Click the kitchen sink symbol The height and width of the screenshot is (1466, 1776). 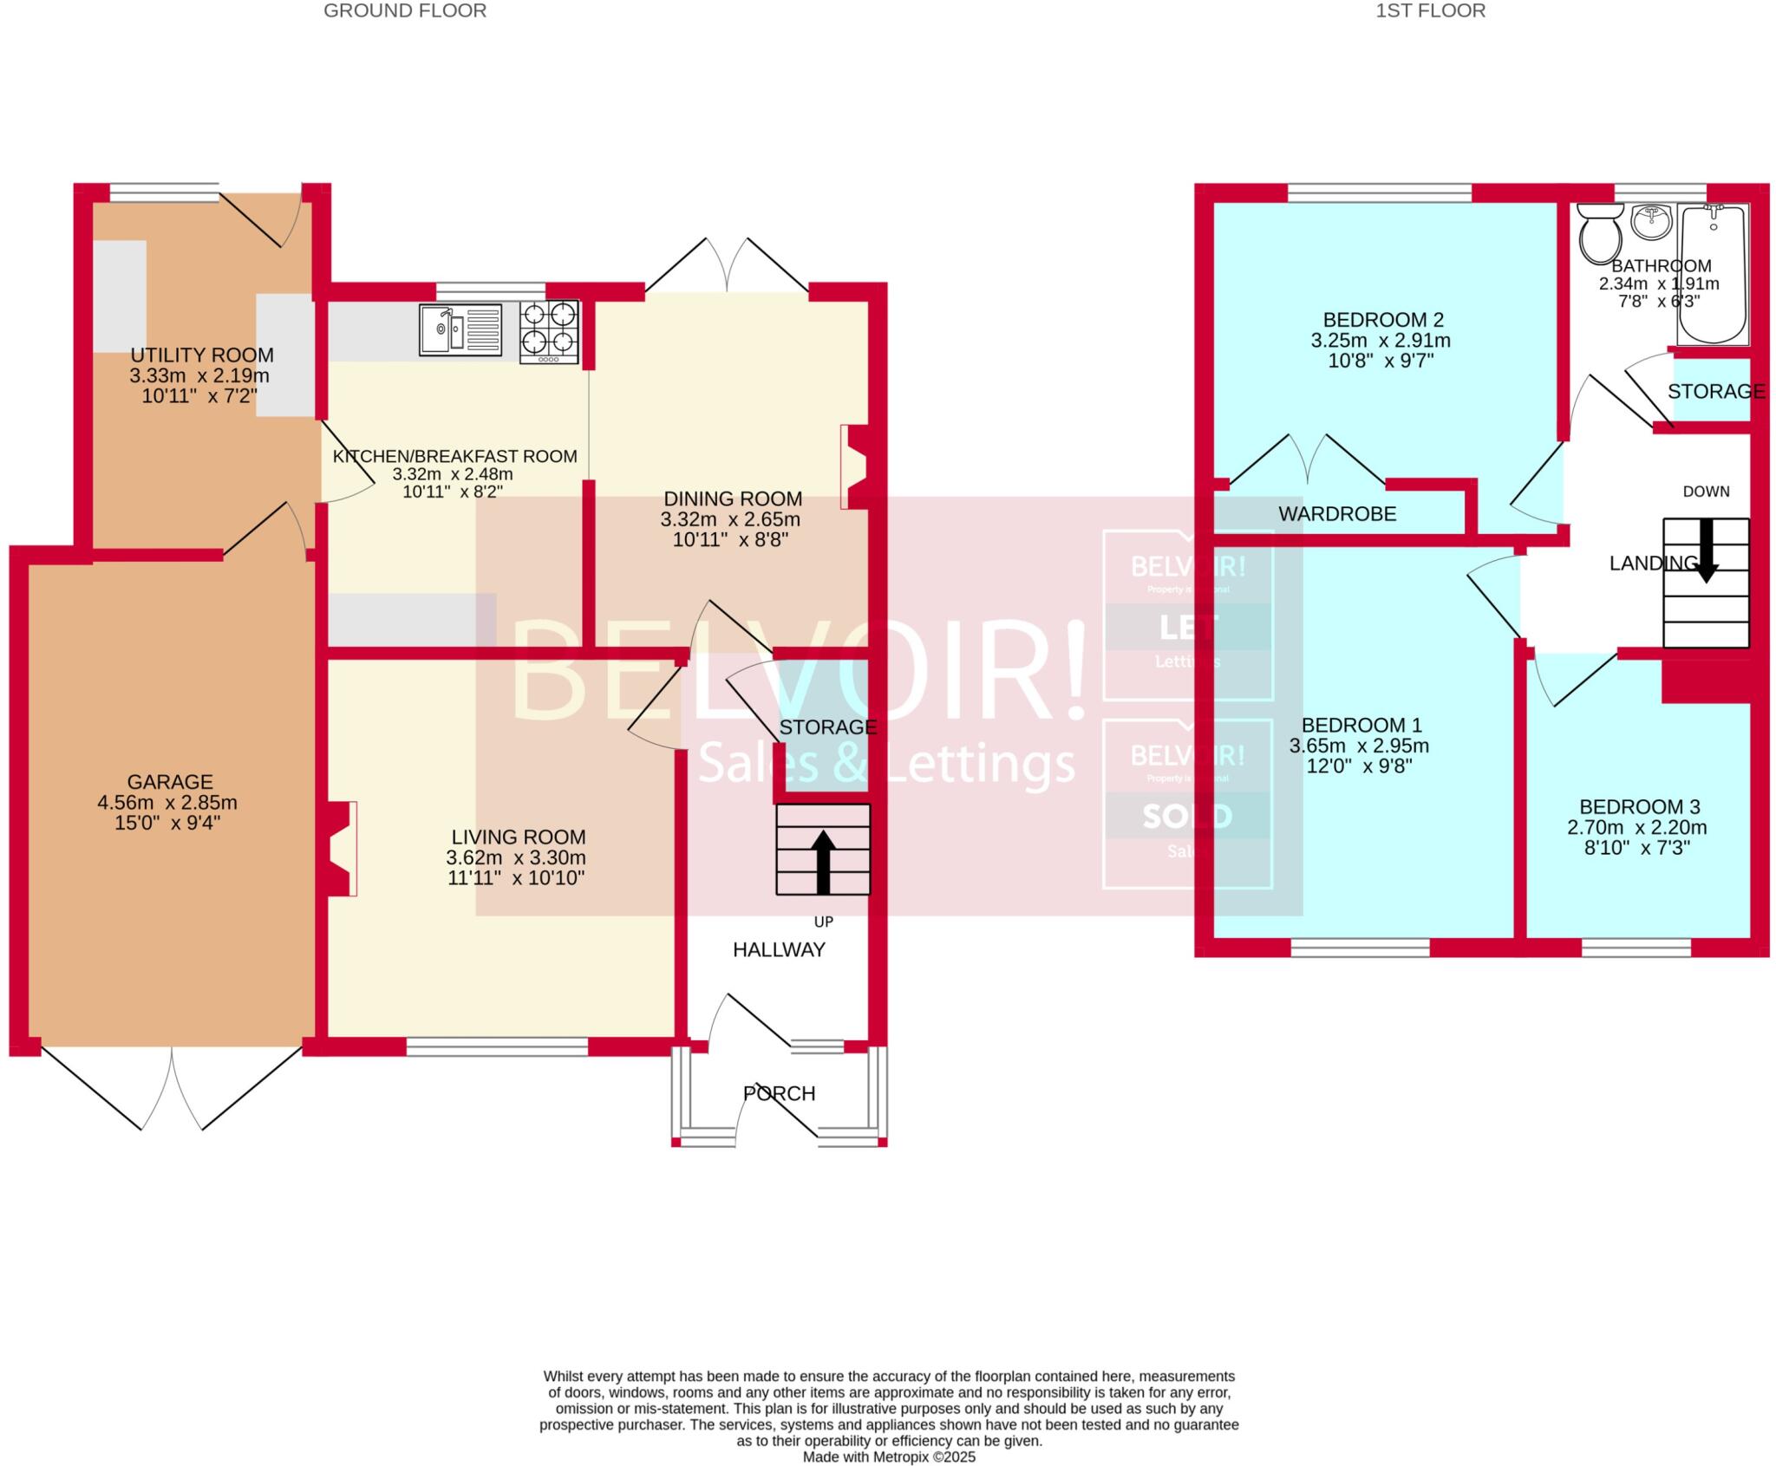click(460, 329)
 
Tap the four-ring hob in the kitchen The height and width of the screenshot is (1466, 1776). click(550, 331)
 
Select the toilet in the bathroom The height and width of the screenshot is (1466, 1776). click(1601, 234)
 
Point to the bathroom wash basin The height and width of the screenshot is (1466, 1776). click(1651, 221)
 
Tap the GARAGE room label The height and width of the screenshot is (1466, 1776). click(170, 781)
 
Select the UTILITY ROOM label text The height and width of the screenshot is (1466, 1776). click(202, 355)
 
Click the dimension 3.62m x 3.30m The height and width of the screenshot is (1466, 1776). click(516, 857)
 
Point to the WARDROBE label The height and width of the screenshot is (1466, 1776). click(1337, 514)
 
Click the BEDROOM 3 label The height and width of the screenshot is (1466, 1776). click(1636, 806)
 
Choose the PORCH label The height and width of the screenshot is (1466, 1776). click(779, 1093)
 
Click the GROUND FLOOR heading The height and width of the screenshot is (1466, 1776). click(405, 10)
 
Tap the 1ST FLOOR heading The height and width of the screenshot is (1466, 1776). click(1430, 10)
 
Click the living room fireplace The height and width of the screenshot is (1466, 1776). click(340, 848)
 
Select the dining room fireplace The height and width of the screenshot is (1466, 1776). click(853, 466)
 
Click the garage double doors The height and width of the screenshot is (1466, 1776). click(172, 1088)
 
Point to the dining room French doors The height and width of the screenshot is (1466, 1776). click(727, 264)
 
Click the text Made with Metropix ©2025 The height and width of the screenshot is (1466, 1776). click(889, 1456)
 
